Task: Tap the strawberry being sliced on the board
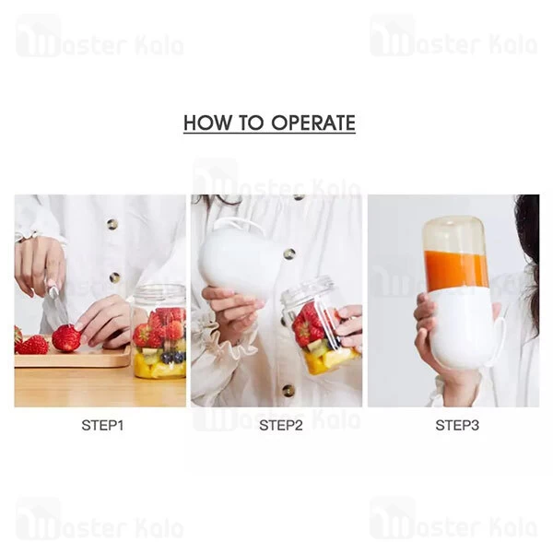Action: click(66, 338)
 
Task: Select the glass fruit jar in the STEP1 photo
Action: click(159, 332)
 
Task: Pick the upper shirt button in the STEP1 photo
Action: click(112, 224)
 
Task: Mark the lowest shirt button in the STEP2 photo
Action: click(288, 390)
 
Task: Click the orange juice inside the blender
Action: click(456, 270)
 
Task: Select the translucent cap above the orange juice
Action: click(455, 232)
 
